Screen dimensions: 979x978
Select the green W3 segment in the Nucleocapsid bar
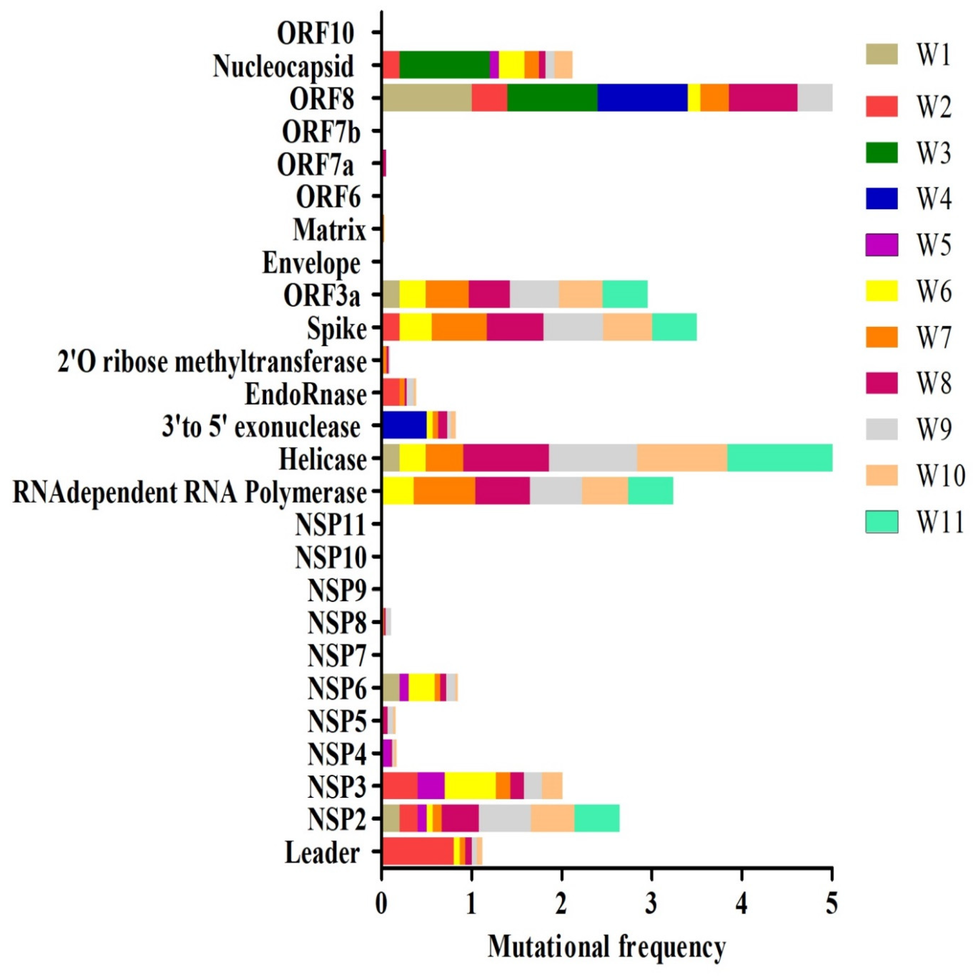[x=444, y=65]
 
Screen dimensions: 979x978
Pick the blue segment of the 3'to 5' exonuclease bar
[x=404, y=425]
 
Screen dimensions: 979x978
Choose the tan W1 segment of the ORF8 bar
[x=427, y=98]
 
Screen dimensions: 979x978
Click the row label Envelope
[x=311, y=264]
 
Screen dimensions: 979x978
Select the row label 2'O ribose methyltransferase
[x=212, y=362]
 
